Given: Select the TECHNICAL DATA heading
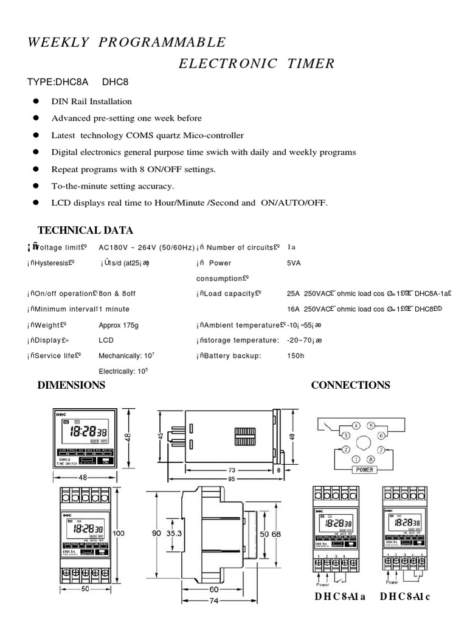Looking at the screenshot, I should pos(85,230).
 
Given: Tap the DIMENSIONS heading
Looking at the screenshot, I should pos(71,385).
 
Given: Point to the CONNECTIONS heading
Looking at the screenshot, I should pos(350,385).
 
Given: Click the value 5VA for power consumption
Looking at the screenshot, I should pos(294,263).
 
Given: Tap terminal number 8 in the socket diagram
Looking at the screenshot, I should pos(373,459).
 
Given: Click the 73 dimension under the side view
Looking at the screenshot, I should pos(232,470).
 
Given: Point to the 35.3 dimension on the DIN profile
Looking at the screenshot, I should pos(174,533).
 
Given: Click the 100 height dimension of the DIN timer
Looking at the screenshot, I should pos(119,533).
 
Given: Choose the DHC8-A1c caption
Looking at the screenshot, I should pos(405,597).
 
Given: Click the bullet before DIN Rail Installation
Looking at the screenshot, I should pos(36,101).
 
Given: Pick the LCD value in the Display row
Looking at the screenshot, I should pos(106,340).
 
